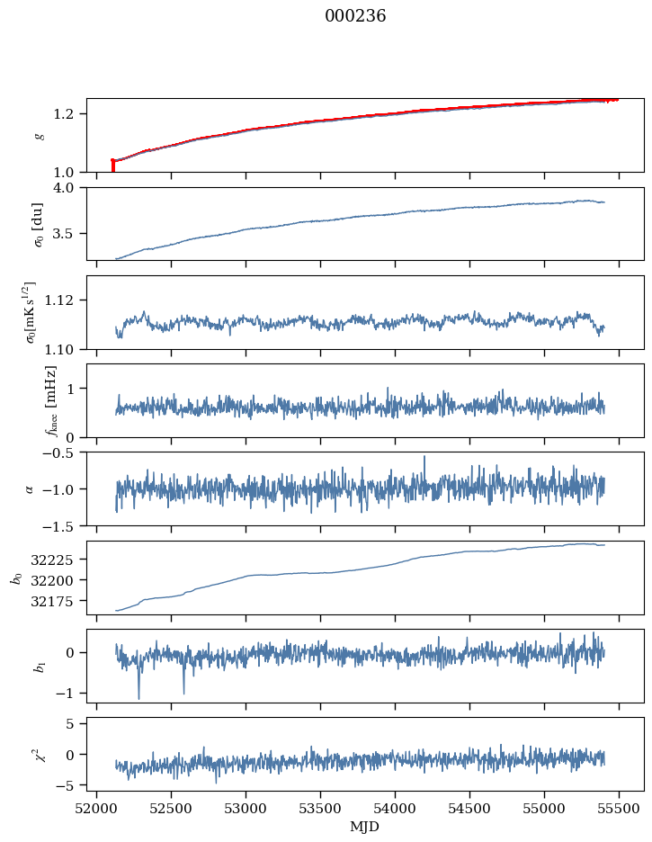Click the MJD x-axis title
pyautogui.click(x=365, y=827)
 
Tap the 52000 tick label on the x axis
pyautogui.click(x=97, y=808)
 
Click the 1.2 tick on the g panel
pyautogui.click(x=69, y=113)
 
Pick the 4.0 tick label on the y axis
pyautogui.click(x=69, y=188)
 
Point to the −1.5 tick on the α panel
pyautogui.click(x=64, y=525)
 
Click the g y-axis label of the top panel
pyautogui.click(x=39, y=135)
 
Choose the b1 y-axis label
pyautogui.click(x=39, y=666)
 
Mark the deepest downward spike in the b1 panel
pyautogui.click(x=138, y=698)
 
